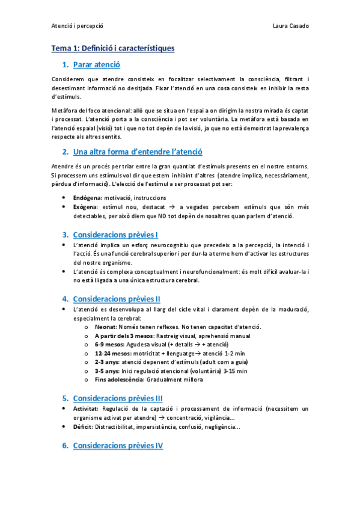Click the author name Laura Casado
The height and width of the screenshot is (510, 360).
click(290, 26)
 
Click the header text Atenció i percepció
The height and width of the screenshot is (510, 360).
click(78, 26)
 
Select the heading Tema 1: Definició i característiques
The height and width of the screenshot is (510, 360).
click(113, 48)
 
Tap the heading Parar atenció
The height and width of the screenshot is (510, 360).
click(96, 64)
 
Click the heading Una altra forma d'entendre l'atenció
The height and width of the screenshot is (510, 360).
click(138, 152)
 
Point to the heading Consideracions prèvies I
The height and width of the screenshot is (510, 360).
click(115, 234)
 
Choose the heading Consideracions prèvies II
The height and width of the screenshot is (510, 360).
click(117, 298)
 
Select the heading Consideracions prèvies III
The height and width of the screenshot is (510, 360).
click(118, 398)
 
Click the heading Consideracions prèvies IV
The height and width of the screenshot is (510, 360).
click(118, 445)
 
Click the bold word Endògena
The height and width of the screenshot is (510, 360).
click(87, 197)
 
